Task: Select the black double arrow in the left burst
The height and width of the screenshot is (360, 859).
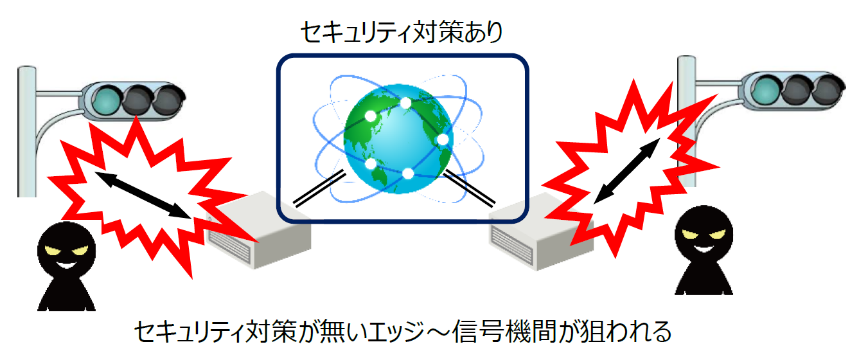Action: coord(143,195)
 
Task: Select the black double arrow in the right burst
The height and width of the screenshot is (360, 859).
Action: coord(626,171)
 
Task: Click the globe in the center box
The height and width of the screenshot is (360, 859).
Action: coord(398,139)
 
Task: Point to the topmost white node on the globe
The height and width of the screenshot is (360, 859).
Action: coord(405,103)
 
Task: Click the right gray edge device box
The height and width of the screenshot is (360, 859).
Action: coord(541,232)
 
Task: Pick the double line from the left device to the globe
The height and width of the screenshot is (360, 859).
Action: coord(319,188)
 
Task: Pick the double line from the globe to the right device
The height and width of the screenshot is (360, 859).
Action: coord(469,188)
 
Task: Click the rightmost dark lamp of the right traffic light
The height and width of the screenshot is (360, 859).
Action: coord(829,90)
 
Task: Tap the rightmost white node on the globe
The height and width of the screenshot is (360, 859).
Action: coord(442,139)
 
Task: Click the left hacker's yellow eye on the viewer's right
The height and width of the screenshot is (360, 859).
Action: coord(80,251)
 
